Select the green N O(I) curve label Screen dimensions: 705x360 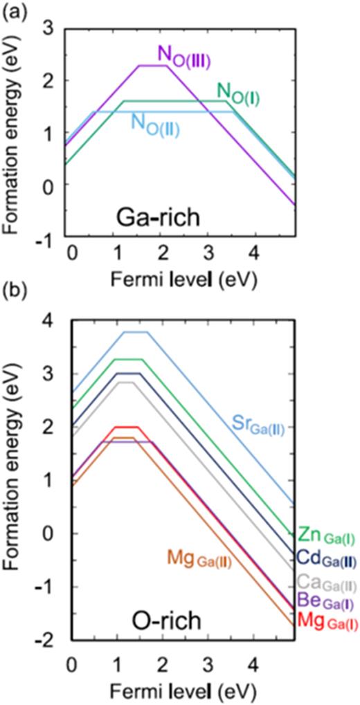tap(238, 90)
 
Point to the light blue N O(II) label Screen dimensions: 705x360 tap(155, 125)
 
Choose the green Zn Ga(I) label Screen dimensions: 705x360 tap(327, 535)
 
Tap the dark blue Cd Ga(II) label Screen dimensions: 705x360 tap(327, 558)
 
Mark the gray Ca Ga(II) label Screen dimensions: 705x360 tap(327, 582)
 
